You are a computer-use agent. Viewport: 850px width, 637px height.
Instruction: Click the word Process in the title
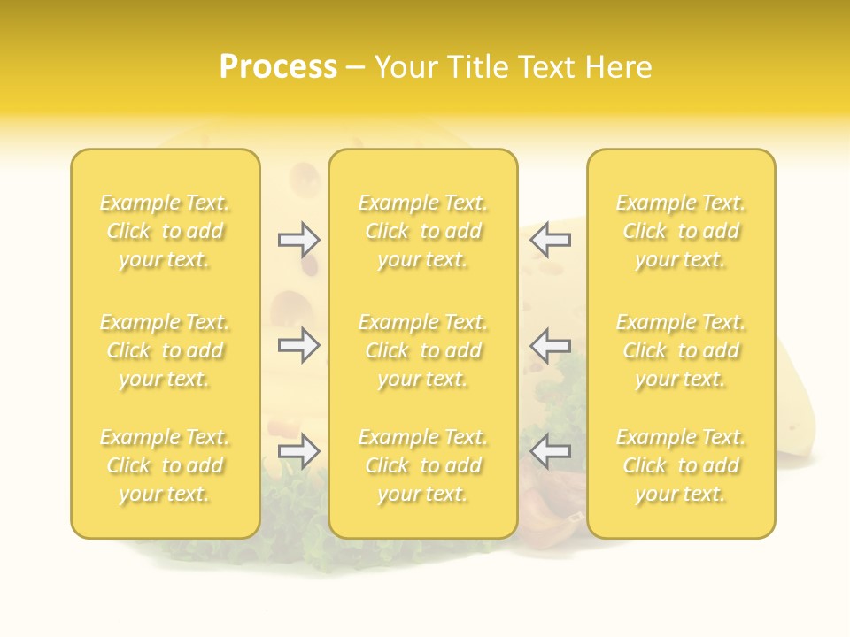pos(278,67)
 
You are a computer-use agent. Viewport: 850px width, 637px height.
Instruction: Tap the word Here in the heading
pos(616,67)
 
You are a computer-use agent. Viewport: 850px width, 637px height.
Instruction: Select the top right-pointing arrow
pos(299,240)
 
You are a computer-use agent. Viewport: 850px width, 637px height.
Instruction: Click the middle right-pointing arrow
pos(299,345)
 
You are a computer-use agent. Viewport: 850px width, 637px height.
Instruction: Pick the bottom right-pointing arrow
pos(299,451)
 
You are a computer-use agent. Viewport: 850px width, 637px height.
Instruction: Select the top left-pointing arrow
pos(551,240)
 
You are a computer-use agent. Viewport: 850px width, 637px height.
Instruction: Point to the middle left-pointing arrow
pos(551,345)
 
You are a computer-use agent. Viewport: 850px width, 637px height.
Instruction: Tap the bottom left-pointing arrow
pos(551,451)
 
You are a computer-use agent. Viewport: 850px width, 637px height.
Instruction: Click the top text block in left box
pos(165,231)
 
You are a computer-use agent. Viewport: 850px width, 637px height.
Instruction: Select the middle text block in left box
pos(165,350)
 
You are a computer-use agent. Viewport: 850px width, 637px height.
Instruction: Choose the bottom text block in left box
pos(165,465)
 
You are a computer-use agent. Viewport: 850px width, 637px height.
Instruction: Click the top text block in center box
pos(423,231)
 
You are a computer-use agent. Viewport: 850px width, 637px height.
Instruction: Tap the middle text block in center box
pos(423,350)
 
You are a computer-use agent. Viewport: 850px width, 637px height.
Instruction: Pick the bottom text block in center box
pos(423,465)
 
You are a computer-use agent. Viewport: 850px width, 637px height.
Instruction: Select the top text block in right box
pos(681,231)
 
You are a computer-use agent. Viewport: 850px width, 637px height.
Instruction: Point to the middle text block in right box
pos(681,350)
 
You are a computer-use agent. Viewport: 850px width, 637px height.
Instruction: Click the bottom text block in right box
pos(681,465)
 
